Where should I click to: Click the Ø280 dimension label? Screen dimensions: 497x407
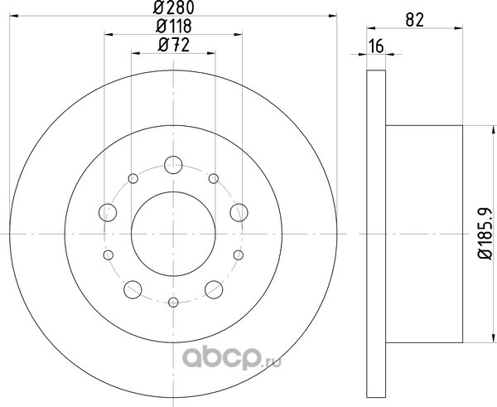[x=173, y=8]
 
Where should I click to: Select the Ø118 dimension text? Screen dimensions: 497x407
[x=174, y=27]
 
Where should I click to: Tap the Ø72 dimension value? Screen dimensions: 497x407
[x=174, y=45]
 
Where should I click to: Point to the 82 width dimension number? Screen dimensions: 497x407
[x=415, y=20]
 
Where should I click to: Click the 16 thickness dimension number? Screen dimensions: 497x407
[x=377, y=46]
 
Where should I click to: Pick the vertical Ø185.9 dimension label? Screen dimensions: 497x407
[x=485, y=234]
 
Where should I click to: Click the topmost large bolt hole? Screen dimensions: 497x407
[x=173, y=165]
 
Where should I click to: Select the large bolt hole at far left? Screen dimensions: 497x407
[x=108, y=212]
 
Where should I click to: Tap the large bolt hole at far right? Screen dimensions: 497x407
[x=239, y=212]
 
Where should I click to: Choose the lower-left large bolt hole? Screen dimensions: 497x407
[x=133, y=289]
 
